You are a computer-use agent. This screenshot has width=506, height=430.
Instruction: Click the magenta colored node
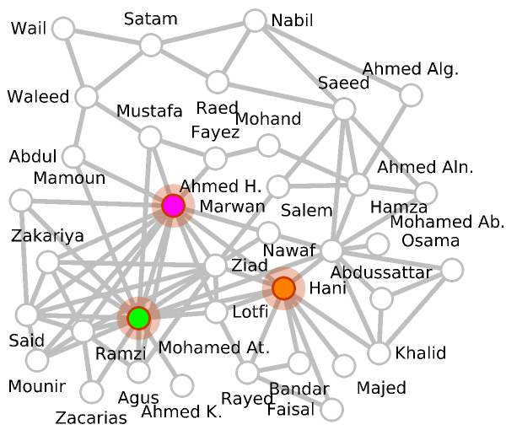pos(173,205)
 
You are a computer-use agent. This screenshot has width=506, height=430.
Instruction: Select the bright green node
pos(138,318)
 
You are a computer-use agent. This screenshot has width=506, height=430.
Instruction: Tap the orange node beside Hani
pos(283,288)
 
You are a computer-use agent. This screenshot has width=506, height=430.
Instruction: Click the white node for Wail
pos(62,30)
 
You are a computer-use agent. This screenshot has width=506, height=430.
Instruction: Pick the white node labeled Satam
pos(151,45)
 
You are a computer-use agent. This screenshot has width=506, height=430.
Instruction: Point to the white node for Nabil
pos(255,20)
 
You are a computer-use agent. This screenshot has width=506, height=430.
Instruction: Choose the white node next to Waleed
pos(85,97)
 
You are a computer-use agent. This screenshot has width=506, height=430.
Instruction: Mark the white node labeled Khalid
pos(381,352)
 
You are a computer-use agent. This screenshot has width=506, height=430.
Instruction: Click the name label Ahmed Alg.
pos(411,69)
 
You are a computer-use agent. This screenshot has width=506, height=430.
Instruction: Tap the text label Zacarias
pos(90,417)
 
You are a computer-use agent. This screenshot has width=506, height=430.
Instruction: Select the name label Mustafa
pos(149,111)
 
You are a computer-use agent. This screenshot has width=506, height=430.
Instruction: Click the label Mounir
pos(35,387)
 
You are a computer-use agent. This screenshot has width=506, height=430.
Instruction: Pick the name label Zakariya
pos(47,236)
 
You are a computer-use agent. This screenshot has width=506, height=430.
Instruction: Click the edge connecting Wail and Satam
pos(106,37)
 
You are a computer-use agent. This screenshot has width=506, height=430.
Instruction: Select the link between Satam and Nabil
pos(202,33)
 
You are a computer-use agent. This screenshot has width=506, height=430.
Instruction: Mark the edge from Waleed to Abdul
pos(79,126)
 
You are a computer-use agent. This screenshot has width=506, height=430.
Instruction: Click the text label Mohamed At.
pos(213,347)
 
